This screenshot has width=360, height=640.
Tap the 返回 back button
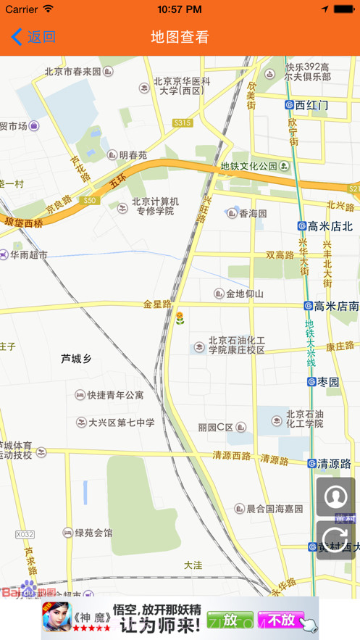click(33, 37)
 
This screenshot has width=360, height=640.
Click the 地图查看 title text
click(180, 37)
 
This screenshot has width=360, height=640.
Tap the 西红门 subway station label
click(311, 105)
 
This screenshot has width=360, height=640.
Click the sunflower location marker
click(180, 317)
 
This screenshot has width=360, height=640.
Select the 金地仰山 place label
click(244, 294)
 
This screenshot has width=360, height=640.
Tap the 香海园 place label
click(253, 213)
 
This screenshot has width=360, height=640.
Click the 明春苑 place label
click(133, 155)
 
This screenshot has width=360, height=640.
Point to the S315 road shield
click(183, 123)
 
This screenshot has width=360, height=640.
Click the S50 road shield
click(89, 201)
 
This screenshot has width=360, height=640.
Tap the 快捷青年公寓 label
click(114, 396)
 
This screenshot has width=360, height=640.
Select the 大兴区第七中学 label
click(121, 422)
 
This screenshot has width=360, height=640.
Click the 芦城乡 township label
click(76, 359)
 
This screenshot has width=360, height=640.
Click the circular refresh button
click(335, 540)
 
